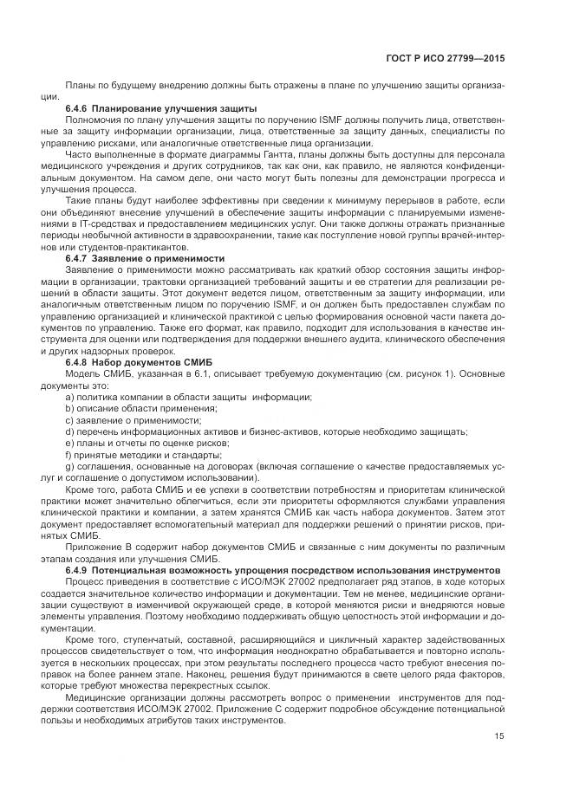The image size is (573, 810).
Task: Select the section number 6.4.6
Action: pos(79,107)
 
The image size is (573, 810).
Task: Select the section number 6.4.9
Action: pos(79,570)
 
